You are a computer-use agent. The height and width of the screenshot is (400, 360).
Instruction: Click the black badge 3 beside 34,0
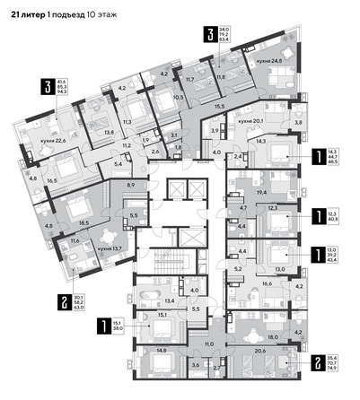tap(209, 35)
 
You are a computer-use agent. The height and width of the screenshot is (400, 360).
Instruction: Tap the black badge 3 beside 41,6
tap(46, 87)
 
